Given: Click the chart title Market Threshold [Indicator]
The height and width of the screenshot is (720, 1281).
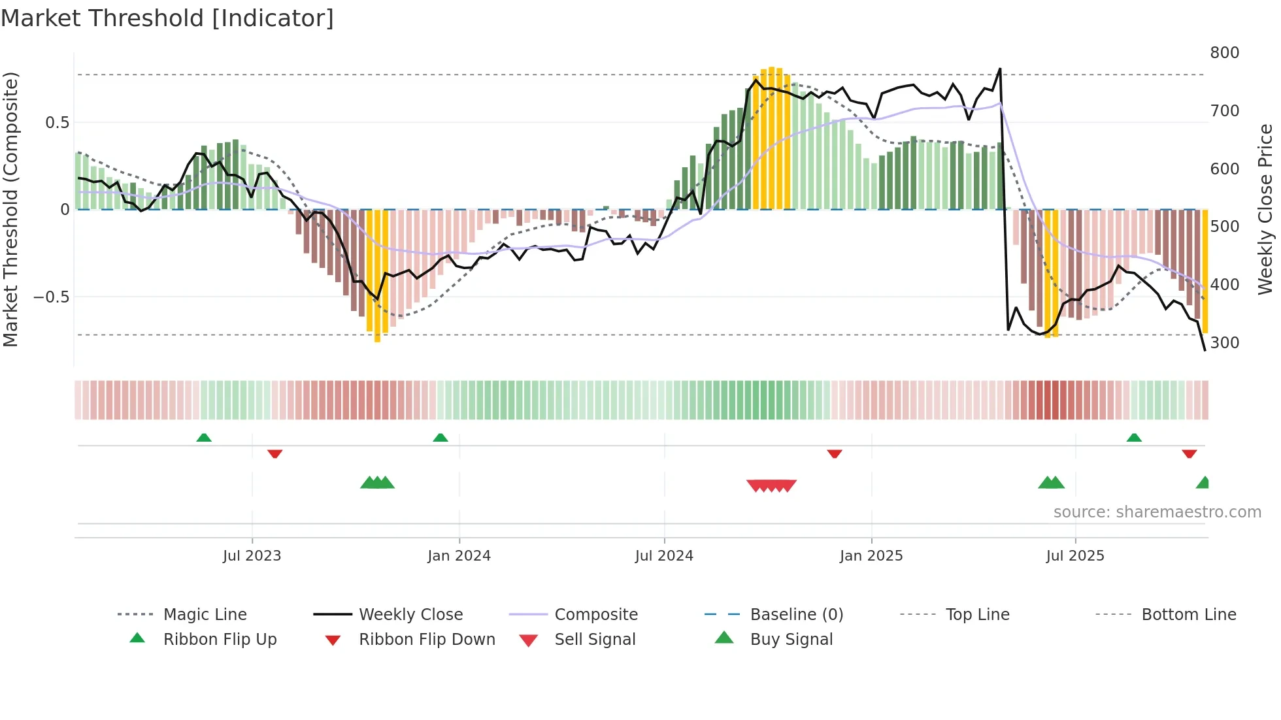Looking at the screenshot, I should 167,18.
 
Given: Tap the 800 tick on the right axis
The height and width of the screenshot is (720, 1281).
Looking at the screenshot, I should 1224,53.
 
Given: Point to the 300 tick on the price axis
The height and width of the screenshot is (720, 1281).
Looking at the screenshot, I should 1224,343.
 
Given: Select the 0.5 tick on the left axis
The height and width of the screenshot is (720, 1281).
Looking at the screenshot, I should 57,123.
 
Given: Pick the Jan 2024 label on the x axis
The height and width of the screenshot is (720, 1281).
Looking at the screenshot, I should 459,556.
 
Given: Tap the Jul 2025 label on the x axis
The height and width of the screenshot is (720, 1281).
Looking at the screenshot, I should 1074,556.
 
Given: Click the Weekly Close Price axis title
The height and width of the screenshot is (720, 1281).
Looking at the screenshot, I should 1265,209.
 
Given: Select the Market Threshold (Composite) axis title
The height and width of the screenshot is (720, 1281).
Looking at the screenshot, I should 10,209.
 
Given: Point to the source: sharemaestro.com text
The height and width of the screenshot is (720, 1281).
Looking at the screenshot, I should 1157,512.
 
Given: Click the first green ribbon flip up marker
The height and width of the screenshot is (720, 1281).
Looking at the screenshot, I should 204,438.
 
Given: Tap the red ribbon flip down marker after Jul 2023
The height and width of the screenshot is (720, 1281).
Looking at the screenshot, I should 274,453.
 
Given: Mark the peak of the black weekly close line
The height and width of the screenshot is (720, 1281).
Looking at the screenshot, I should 1000,69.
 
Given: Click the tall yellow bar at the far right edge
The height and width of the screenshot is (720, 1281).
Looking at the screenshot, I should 1205,271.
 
